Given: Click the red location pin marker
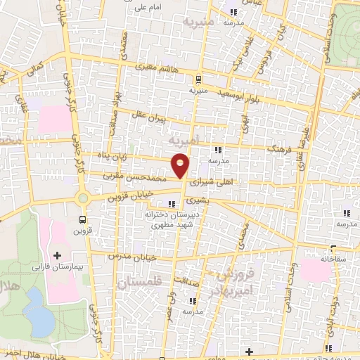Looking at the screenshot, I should [181, 166].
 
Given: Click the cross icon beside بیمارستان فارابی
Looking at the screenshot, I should [58, 255].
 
